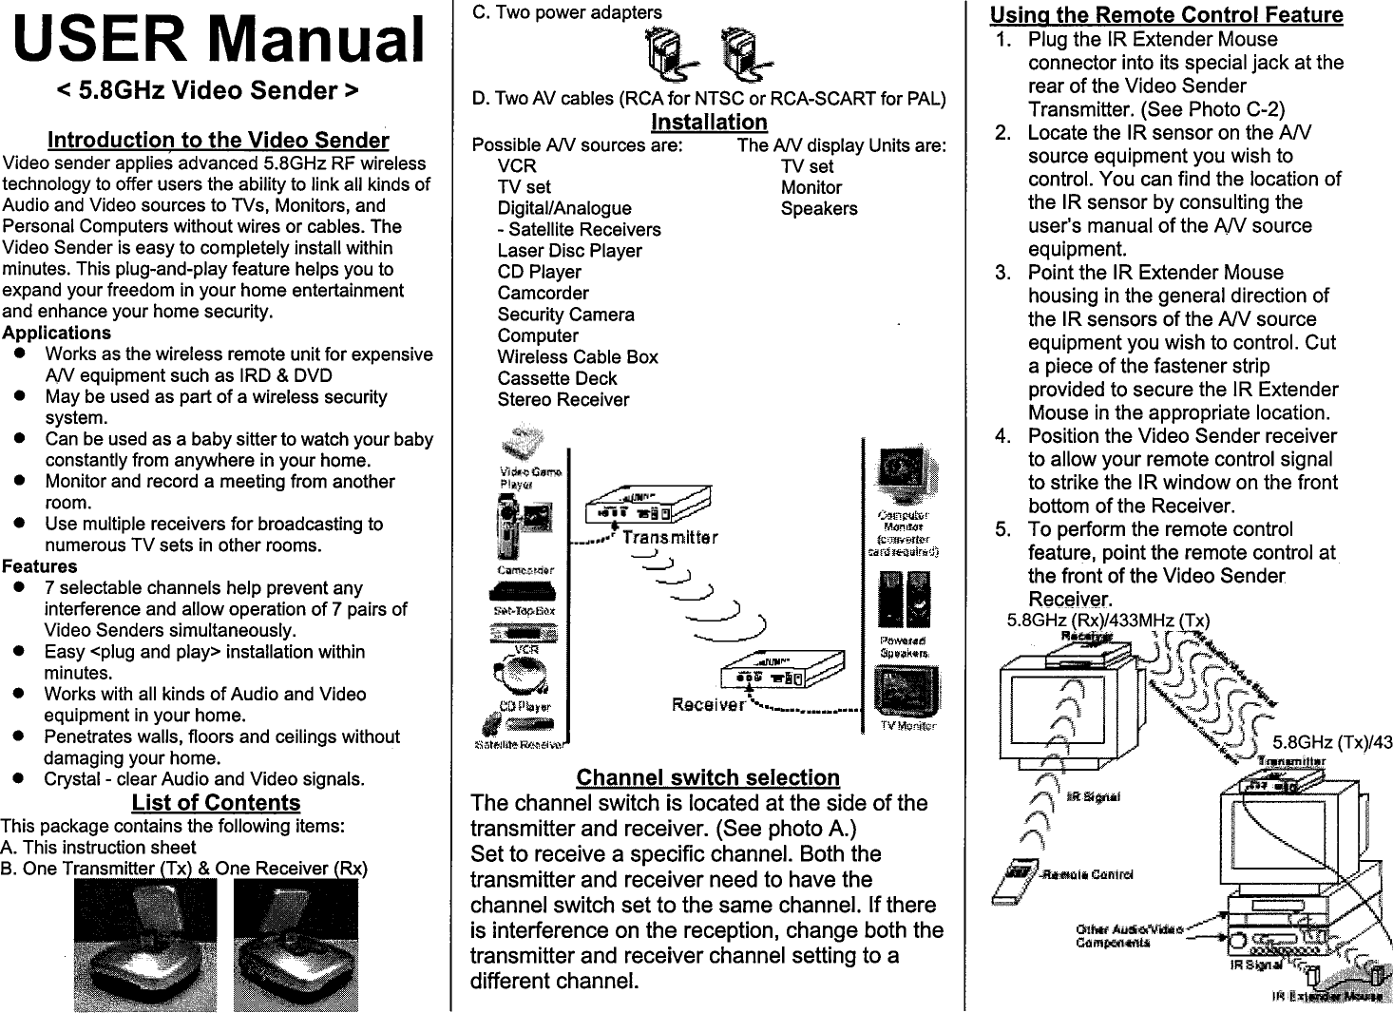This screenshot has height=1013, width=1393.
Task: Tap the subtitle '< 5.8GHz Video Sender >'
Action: [208, 91]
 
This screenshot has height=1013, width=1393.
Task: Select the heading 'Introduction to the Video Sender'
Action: [218, 141]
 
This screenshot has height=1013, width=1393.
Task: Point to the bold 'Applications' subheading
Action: [56, 334]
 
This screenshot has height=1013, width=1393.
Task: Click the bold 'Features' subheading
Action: [40, 566]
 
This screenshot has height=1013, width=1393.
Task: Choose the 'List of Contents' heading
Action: [216, 803]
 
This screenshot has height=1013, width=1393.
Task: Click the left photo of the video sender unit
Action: [144, 945]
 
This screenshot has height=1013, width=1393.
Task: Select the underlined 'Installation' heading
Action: [709, 123]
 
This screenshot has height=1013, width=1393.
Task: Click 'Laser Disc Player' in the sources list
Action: [569, 251]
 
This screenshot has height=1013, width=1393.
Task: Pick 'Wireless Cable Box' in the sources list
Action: [578, 357]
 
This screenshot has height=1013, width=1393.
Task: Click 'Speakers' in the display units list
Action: [818, 209]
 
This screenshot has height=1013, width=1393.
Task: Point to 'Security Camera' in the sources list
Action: [565, 315]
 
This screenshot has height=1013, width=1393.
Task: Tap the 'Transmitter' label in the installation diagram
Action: [670, 537]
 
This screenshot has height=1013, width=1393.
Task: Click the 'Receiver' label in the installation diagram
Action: [708, 704]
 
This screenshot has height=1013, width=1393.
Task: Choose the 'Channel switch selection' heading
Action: [708, 778]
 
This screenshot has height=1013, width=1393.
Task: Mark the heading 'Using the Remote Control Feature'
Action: [1166, 15]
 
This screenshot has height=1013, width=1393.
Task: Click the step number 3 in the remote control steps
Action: [1002, 273]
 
